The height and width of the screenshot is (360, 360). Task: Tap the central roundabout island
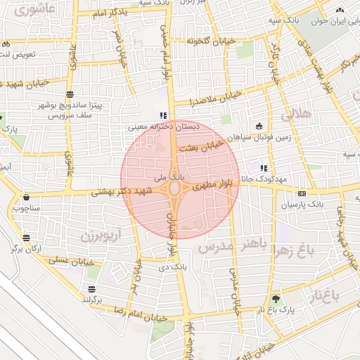tap(174, 189)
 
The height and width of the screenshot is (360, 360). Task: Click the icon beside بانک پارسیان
tap(302, 193)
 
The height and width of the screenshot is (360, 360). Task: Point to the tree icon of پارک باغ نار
tap(275, 299)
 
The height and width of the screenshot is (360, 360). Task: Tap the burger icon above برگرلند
tap(92, 289)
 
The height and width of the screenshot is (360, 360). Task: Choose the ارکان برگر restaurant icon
tap(26, 238)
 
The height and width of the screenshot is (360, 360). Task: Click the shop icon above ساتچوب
tap(27, 198)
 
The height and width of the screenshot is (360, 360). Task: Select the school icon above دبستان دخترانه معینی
tap(163, 116)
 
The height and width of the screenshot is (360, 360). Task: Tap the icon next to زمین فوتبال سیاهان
tap(259, 127)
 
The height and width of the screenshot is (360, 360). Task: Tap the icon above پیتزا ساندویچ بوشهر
tap(70, 94)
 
